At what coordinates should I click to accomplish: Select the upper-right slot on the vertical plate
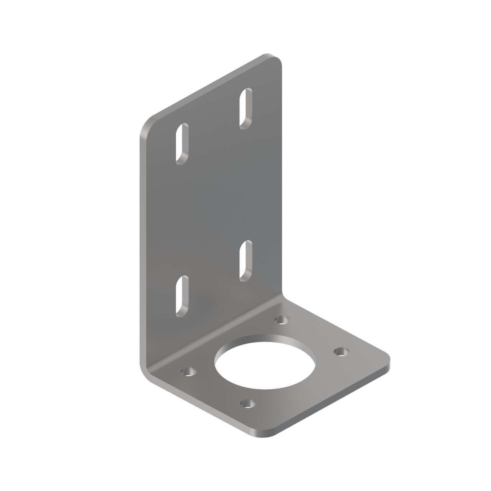(246, 107)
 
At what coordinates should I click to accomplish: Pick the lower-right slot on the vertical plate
(245, 260)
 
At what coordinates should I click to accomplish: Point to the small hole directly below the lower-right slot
(282, 319)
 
